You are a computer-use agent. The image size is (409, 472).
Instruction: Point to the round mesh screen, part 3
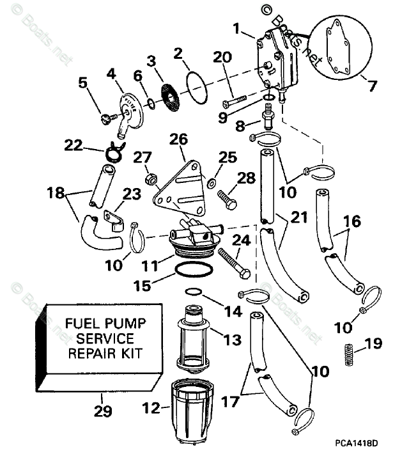[171, 92]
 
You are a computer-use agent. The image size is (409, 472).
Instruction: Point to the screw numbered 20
[236, 101]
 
